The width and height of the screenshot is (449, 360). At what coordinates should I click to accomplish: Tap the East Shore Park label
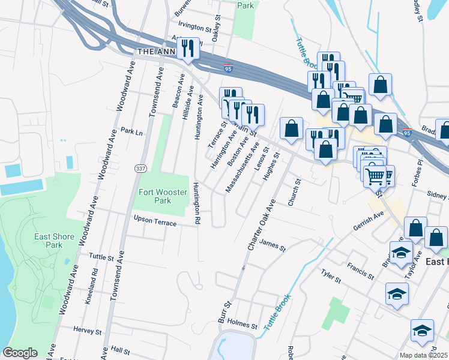(54, 241)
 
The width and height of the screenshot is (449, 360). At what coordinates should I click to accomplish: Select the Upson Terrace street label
(155, 221)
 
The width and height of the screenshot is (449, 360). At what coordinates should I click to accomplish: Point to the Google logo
(20, 353)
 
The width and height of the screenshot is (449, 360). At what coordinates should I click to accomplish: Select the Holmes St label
(242, 324)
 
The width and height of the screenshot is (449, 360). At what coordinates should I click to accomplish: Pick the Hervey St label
(88, 331)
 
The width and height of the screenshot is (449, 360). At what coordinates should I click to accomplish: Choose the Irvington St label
(195, 27)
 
